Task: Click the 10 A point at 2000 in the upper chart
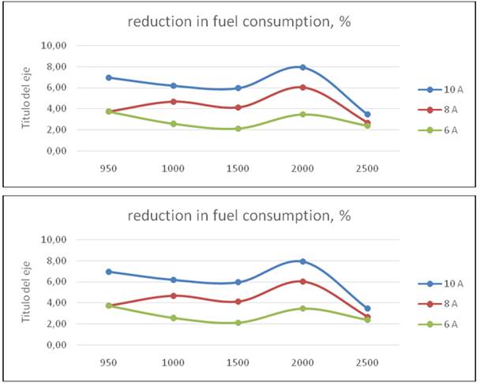tap(302, 67)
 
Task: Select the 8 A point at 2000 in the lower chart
tap(302, 281)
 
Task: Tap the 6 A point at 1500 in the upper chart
tap(238, 129)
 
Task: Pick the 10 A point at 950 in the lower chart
tap(108, 272)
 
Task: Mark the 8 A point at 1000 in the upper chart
tap(173, 101)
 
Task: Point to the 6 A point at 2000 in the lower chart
tap(302, 308)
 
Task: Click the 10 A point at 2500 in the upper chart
tap(367, 115)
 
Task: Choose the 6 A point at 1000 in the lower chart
tap(173, 318)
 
